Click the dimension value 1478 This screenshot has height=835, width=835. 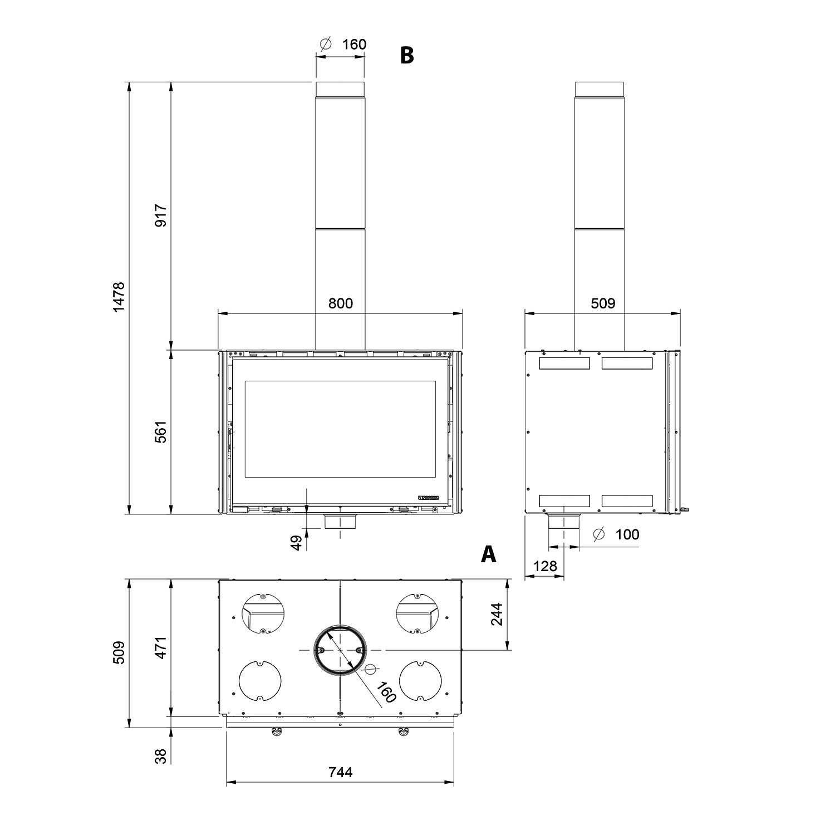pos(119,297)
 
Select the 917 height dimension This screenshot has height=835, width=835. pos(161,216)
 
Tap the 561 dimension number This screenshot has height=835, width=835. pos(161,431)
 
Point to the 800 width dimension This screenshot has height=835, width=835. pos(340,303)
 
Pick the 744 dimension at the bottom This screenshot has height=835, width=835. pos(340,772)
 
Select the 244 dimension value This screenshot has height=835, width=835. pos(497,614)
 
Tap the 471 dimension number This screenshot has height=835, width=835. pos(161,648)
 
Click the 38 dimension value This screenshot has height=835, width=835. pos(161,756)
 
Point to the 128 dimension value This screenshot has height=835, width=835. pos(544,566)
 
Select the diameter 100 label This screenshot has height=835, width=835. pos(617,535)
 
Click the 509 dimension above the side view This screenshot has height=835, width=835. pos(603,303)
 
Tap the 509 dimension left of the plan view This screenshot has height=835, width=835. pos(119,652)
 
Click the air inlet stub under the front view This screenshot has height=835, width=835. pos(340,522)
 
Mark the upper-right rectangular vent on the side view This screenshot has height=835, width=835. pos(627,364)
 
